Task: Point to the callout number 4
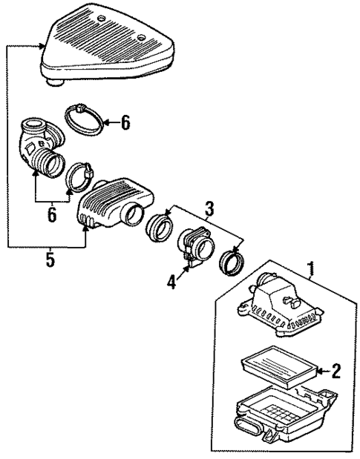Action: [x=171, y=283]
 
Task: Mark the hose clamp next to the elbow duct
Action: [x=80, y=177]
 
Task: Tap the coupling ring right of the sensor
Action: [x=232, y=262]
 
